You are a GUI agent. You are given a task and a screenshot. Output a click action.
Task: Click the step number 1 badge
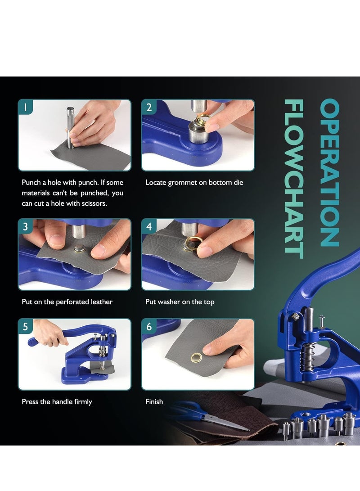click(x=26, y=107)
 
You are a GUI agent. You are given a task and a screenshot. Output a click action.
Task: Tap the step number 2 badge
click(x=149, y=107)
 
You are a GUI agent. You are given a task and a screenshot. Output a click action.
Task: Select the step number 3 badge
click(x=26, y=227)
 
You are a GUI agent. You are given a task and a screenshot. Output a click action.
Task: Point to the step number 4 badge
click(x=149, y=227)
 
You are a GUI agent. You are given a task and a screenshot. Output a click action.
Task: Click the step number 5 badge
click(x=26, y=327)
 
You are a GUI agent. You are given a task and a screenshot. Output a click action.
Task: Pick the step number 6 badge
click(x=149, y=327)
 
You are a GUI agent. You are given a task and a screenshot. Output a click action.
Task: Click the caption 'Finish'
click(x=154, y=401)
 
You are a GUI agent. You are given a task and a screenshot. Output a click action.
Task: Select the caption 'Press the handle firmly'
click(x=57, y=401)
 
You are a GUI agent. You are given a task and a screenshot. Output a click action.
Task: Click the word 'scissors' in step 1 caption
click(x=94, y=203)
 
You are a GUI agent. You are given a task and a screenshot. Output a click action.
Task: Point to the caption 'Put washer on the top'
click(x=180, y=302)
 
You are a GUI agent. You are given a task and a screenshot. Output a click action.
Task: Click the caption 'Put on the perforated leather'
click(x=67, y=302)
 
